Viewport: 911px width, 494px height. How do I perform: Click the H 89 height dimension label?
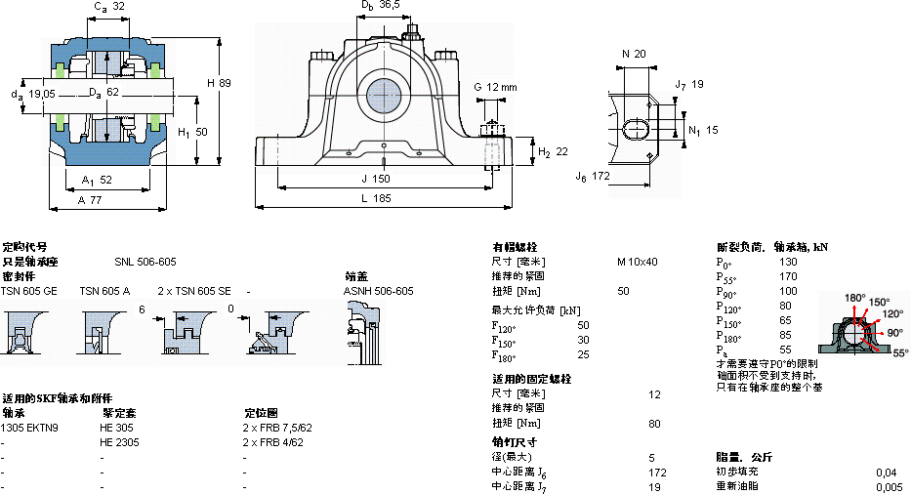(219, 83)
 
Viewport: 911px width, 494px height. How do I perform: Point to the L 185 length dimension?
(379, 199)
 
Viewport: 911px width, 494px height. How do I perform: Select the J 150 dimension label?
(376, 179)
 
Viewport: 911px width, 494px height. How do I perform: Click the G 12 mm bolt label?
(495, 88)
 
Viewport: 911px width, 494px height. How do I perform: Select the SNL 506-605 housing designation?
(145, 262)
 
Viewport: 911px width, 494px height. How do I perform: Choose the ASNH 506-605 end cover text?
(379, 291)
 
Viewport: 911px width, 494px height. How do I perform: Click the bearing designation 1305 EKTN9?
(29, 428)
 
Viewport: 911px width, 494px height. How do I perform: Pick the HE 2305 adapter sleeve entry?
(118, 442)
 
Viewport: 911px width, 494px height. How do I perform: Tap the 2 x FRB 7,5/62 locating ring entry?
(277, 428)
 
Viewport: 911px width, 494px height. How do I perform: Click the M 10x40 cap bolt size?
(638, 262)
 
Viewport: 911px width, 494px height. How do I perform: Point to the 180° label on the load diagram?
(854, 297)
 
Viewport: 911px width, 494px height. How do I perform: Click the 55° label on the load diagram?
(899, 351)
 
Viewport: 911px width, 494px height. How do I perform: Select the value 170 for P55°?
(788, 276)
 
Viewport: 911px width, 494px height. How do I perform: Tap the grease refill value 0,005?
(889, 486)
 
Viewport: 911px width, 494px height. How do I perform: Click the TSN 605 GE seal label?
(28, 291)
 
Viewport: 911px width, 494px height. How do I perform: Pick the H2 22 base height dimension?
(553, 152)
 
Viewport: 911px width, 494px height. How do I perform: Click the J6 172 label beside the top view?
(594, 177)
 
